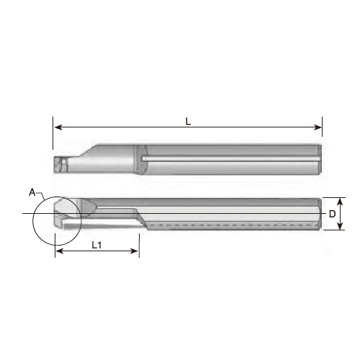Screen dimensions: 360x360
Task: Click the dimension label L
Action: (188, 122)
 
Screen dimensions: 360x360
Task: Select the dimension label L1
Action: (96, 245)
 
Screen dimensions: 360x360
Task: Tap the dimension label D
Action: (332, 214)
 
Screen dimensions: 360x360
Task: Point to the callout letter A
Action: (32, 192)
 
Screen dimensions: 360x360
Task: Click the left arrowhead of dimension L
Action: (58, 127)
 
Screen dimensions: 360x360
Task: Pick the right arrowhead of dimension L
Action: (318, 127)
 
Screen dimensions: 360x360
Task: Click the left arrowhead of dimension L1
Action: (59, 251)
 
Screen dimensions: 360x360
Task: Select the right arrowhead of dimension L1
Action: (134, 251)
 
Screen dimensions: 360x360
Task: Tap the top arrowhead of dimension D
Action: (340, 202)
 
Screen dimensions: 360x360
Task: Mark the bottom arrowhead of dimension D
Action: (340, 225)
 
